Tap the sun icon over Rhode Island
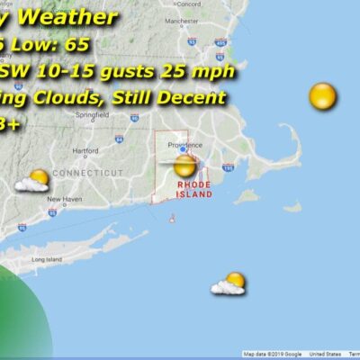click(184, 166)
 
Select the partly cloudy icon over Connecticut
click(33, 181)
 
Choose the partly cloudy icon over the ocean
click(229, 284)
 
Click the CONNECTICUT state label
click(87, 172)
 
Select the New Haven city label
click(65, 199)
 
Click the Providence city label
click(189, 145)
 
